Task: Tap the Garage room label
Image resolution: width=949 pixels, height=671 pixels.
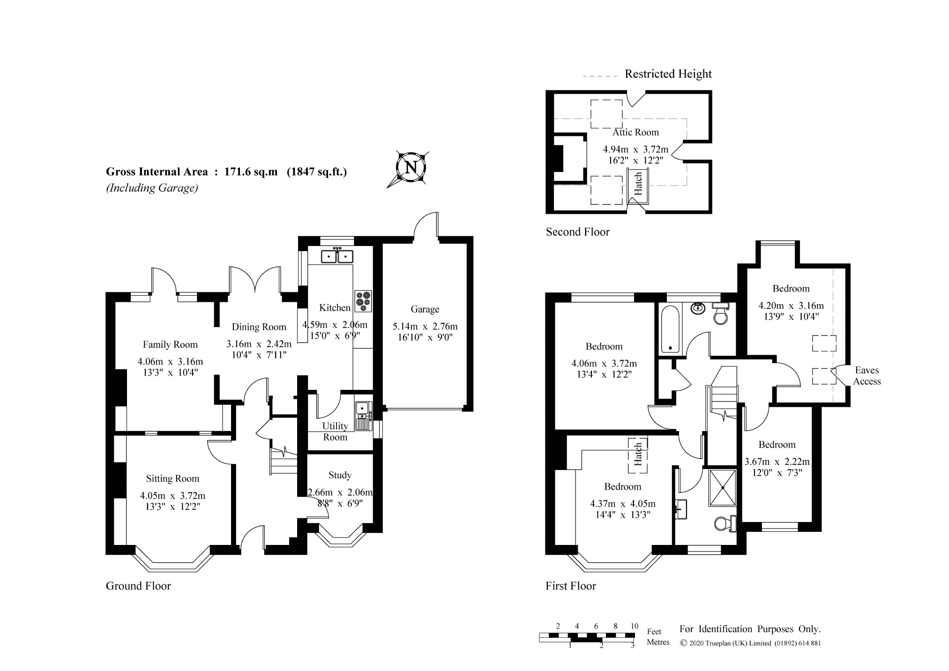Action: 425,309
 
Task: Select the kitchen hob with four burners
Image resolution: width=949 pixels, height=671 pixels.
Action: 363,301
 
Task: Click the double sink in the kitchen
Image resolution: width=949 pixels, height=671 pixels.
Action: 337,256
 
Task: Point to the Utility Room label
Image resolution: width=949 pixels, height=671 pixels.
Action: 335,432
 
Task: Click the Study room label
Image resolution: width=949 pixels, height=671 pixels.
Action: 340,475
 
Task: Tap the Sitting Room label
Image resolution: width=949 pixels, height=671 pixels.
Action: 172,478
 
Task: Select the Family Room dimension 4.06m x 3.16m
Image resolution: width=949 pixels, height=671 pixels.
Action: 170,361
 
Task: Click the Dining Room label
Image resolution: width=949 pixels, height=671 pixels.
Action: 259,327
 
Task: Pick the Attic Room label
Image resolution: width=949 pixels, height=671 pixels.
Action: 635,132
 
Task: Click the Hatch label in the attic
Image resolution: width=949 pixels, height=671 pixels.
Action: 638,184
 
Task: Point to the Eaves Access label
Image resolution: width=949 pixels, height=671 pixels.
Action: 867,376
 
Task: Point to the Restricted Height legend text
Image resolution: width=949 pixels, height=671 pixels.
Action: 668,74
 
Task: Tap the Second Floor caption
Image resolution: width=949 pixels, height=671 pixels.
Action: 577,231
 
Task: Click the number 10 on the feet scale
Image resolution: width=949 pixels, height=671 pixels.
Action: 634,626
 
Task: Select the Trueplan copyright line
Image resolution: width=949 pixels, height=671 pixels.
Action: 750,643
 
